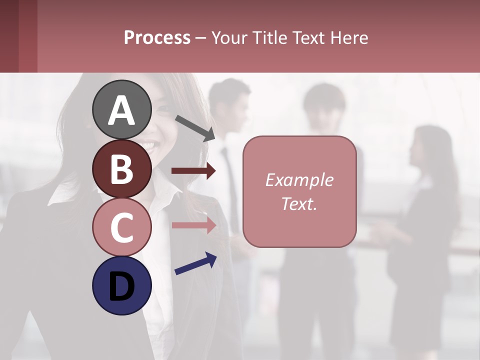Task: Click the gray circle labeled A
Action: click(121, 109)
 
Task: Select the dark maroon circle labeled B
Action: click(121, 168)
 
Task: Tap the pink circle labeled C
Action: click(121, 227)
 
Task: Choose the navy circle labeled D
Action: click(121, 285)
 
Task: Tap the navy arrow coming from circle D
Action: click(195, 263)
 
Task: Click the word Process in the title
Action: click(157, 38)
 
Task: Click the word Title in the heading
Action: click(269, 38)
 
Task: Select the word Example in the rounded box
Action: click(299, 180)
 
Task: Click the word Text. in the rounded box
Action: click(299, 203)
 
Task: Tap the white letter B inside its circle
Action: click(121, 169)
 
